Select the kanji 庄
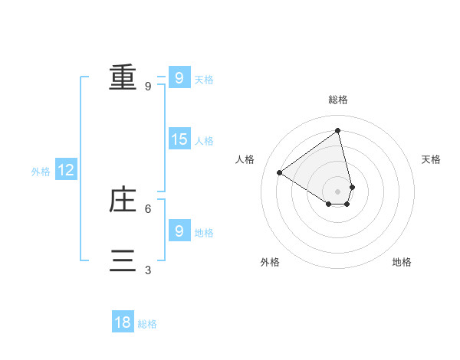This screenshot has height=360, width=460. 123,200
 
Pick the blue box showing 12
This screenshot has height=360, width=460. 66,170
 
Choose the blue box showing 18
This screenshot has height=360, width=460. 123,322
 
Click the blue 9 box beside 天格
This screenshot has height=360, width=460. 179,77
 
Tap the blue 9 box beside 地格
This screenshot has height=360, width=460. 179,231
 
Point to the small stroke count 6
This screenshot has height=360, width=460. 148,208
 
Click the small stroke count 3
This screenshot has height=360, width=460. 148,270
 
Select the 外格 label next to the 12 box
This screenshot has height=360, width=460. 41,172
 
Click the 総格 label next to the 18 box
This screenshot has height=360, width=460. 147,324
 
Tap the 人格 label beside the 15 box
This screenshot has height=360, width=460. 204,141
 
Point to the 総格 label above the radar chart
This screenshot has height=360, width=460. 338,100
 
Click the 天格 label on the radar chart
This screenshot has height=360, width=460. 432,159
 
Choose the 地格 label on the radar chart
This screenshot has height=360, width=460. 402,262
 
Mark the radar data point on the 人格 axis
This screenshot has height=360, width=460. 280,172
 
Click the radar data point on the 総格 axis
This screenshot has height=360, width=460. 338,130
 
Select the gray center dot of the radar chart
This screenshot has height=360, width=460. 338,191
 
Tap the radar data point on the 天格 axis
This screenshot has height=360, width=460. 352,187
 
